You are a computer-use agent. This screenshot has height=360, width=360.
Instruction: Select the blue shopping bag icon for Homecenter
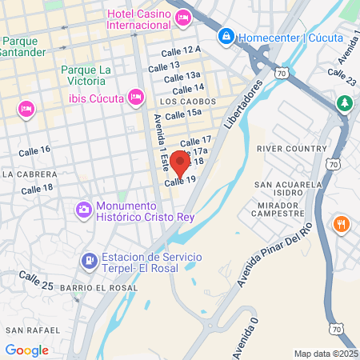pos(227,36)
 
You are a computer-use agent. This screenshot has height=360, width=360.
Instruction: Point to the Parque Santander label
pos(25,46)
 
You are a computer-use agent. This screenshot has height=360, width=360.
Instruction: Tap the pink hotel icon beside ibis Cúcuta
pos(136,97)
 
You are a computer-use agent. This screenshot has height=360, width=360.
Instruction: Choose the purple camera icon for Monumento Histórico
pos(83,210)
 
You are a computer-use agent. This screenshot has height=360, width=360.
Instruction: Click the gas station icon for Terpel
pos(89,261)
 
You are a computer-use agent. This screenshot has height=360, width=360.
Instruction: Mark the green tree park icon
pos(344,103)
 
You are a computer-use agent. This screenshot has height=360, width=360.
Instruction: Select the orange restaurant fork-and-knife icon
pos(342,225)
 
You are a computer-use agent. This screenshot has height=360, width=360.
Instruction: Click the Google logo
pos(26,350)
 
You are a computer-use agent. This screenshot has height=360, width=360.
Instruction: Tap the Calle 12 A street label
pos(182,50)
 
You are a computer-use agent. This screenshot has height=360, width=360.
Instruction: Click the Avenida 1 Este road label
pos(162,144)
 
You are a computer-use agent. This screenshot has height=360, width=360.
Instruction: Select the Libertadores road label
pos(243,105)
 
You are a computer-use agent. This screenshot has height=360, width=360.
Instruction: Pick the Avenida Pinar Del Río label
pos(274,246)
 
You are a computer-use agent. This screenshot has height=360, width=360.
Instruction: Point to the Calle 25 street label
pos(36,280)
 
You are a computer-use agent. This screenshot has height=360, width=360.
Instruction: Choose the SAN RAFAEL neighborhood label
pos(32,330)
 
